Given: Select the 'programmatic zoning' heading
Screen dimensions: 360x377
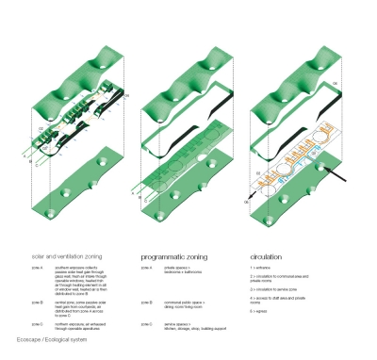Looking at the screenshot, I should (176, 256).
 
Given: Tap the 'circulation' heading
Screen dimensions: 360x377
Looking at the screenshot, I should (266, 256).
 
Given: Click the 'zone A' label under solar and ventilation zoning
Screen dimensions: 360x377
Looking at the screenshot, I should (36, 268).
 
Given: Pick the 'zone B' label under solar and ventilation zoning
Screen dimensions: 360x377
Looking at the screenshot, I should (36, 302).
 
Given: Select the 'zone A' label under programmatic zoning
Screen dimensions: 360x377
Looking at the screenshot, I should (146, 268).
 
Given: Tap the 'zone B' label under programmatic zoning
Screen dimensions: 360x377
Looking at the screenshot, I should (146, 302).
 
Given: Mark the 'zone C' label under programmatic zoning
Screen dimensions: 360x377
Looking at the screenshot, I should (146, 323).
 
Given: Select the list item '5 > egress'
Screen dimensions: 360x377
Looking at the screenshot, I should (263, 310).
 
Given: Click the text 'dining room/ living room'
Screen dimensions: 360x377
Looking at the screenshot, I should (185, 305).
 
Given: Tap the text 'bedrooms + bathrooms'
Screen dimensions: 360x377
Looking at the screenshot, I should (184, 271).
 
